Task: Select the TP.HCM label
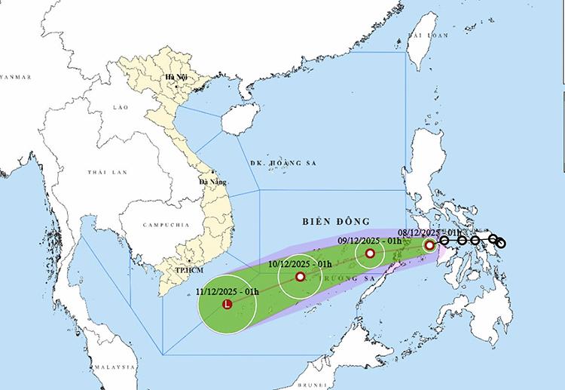(179, 269)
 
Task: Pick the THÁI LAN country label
(104, 173)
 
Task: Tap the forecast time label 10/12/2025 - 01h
(301, 263)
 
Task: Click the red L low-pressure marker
(228, 305)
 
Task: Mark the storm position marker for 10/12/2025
(301, 277)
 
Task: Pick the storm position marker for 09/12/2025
(371, 253)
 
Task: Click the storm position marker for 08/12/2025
(429, 245)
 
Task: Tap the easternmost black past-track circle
(501, 243)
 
